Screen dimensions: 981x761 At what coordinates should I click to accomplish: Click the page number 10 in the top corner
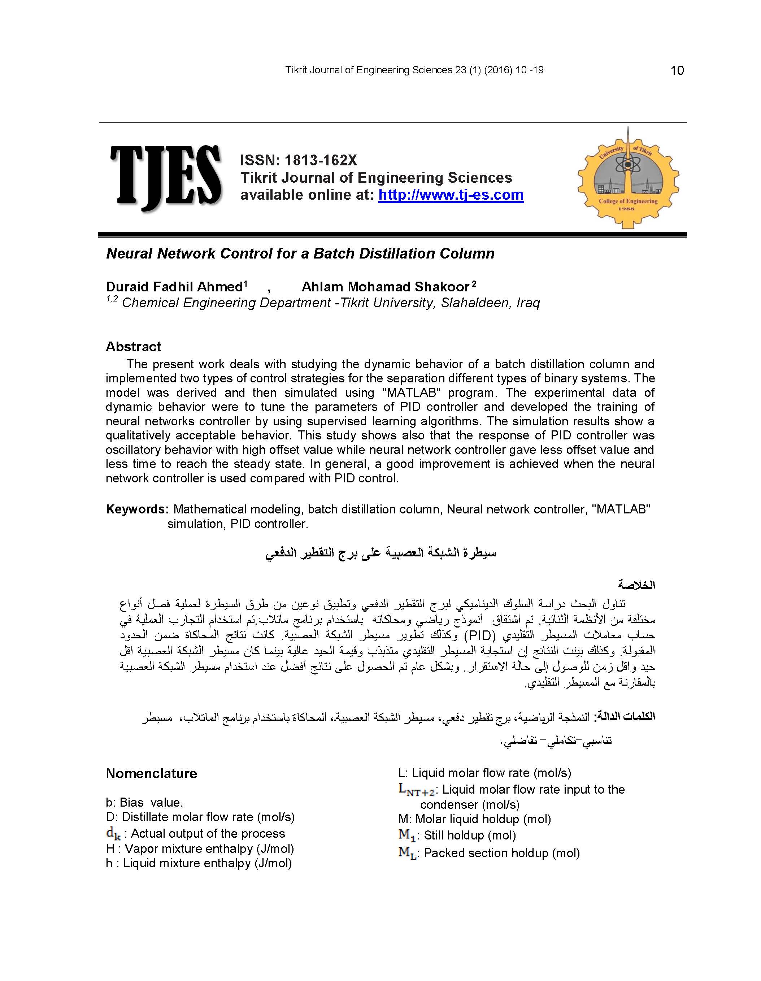(677, 70)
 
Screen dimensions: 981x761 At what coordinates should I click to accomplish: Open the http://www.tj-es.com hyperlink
(451, 195)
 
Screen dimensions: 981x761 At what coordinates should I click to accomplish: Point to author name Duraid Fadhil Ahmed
(174, 287)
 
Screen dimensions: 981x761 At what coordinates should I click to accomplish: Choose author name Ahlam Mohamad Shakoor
(386, 287)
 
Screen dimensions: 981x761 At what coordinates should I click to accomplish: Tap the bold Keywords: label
(137, 509)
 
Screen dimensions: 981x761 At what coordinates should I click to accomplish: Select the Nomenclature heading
(151, 773)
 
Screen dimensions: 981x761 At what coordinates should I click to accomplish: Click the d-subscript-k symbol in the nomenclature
(113, 834)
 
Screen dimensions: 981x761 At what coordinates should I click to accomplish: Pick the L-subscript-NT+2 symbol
(416, 790)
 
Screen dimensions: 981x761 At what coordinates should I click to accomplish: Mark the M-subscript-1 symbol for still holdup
(407, 835)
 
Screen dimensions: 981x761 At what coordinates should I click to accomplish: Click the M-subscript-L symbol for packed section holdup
(408, 853)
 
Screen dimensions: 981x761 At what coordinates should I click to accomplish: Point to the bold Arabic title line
(380, 553)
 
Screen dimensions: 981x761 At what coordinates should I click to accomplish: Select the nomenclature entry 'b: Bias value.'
(144, 803)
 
